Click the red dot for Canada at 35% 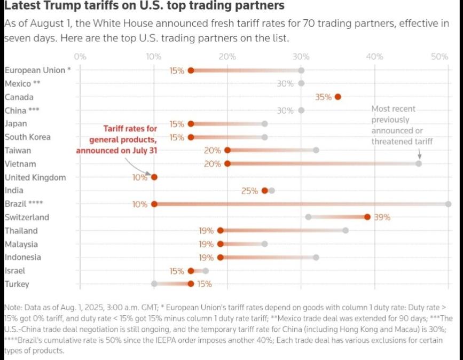pos(338,97)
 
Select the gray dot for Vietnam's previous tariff pos(419,163)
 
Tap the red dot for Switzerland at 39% pos(367,217)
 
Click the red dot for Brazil pos(154,204)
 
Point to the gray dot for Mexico pos(301,83)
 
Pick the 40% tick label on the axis pos(374,56)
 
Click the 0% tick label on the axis pos(80,56)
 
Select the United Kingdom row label pos(35,177)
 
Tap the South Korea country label pos(28,137)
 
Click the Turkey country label pos(17,284)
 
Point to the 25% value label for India pos(249,191)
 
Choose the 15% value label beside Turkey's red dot pos(205,284)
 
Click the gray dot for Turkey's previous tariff pos(154,284)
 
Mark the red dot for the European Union pos(191,71)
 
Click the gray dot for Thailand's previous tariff pos(346,230)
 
